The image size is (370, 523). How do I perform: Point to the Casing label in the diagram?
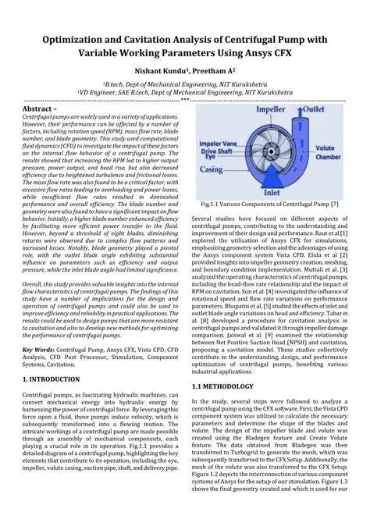tap(211, 169)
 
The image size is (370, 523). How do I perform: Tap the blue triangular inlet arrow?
tap(272, 177)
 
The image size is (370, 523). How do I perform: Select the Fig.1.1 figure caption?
tap(269, 204)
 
